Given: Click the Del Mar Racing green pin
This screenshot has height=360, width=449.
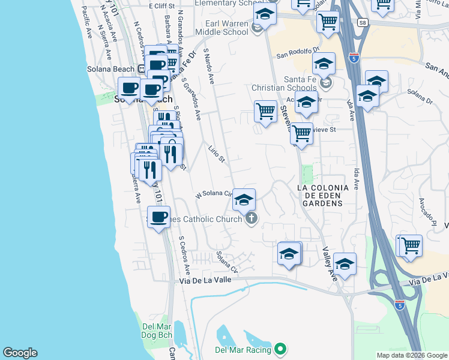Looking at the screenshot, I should click(x=281, y=349).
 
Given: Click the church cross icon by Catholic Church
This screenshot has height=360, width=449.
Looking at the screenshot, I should click(x=252, y=218).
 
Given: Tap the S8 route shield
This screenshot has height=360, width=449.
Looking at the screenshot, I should click(x=362, y=22).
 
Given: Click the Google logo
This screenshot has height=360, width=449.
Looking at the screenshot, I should click(x=20, y=353).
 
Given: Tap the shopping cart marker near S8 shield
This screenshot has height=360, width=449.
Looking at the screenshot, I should click(x=328, y=21).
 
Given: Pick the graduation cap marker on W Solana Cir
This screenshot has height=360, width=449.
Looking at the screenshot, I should click(x=244, y=200).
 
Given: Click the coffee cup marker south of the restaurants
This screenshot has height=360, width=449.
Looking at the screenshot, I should click(x=158, y=217).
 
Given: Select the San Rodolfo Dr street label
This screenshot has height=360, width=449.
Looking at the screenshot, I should click(x=299, y=53).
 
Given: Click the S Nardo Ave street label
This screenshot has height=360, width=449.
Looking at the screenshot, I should click(x=209, y=66).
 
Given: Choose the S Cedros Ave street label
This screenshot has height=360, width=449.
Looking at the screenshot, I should click(x=184, y=255).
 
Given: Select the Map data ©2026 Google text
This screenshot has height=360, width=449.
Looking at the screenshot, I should click(x=411, y=355).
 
